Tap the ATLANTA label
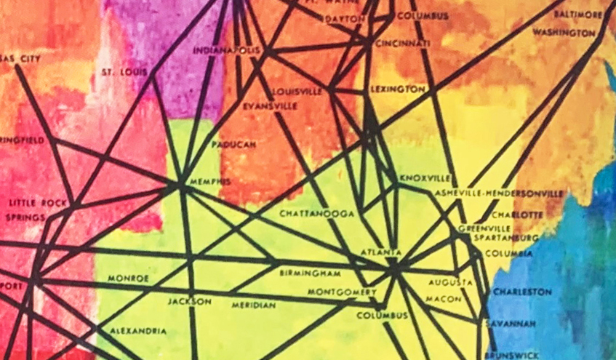click(x=381, y=252)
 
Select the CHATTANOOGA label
click(x=317, y=214)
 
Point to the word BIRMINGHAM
click(x=310, y=273)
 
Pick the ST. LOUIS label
click(x=124, y=72)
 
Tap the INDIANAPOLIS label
click(x=226, y=51)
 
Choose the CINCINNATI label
click(x=403, y=44)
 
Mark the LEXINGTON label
click(x=397, y=89)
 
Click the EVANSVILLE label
click(x=270, y=106)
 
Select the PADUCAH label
click(x=233, y=145)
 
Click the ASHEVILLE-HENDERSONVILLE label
click(x=499, y=193)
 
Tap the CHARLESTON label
click(x=522, y=292)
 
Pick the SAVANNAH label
click(x=512, y=322)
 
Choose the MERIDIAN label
click(x=254, y=305)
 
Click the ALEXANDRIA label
click(x=138, y=331)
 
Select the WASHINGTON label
click(x=564, y=33)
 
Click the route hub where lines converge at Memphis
click(x=180, y=187)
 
